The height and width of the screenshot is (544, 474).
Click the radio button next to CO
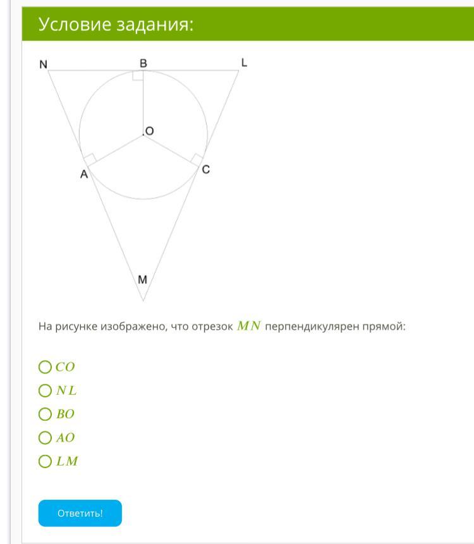click(x=45, y=367)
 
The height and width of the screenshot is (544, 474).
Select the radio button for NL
click(x=45, y=390)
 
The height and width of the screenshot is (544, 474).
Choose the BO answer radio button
click(x=45, y=414)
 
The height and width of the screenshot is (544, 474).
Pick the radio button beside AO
click(x=45, y=437)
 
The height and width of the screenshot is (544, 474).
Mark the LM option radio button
click(x=45, y=461)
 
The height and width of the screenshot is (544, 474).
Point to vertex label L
click(x=244, y=62)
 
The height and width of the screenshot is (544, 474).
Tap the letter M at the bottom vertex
click(x=142, y=279)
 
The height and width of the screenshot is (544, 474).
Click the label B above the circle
click(x=143, y=63)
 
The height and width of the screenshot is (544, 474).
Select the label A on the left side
click(x=83, y=175)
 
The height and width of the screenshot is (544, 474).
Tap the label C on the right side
click(x=206, y=169)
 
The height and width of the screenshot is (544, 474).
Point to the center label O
click(x=149, y=131)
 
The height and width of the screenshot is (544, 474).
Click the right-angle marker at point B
click(x=138, y=76)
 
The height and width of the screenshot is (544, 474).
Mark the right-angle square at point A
click(x=90, y=160)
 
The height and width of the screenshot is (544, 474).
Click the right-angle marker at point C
click(x=197, y=159)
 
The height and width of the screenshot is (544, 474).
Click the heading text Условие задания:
click(x=116, y=25)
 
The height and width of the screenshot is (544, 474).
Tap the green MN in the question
click(x=249, y=327)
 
